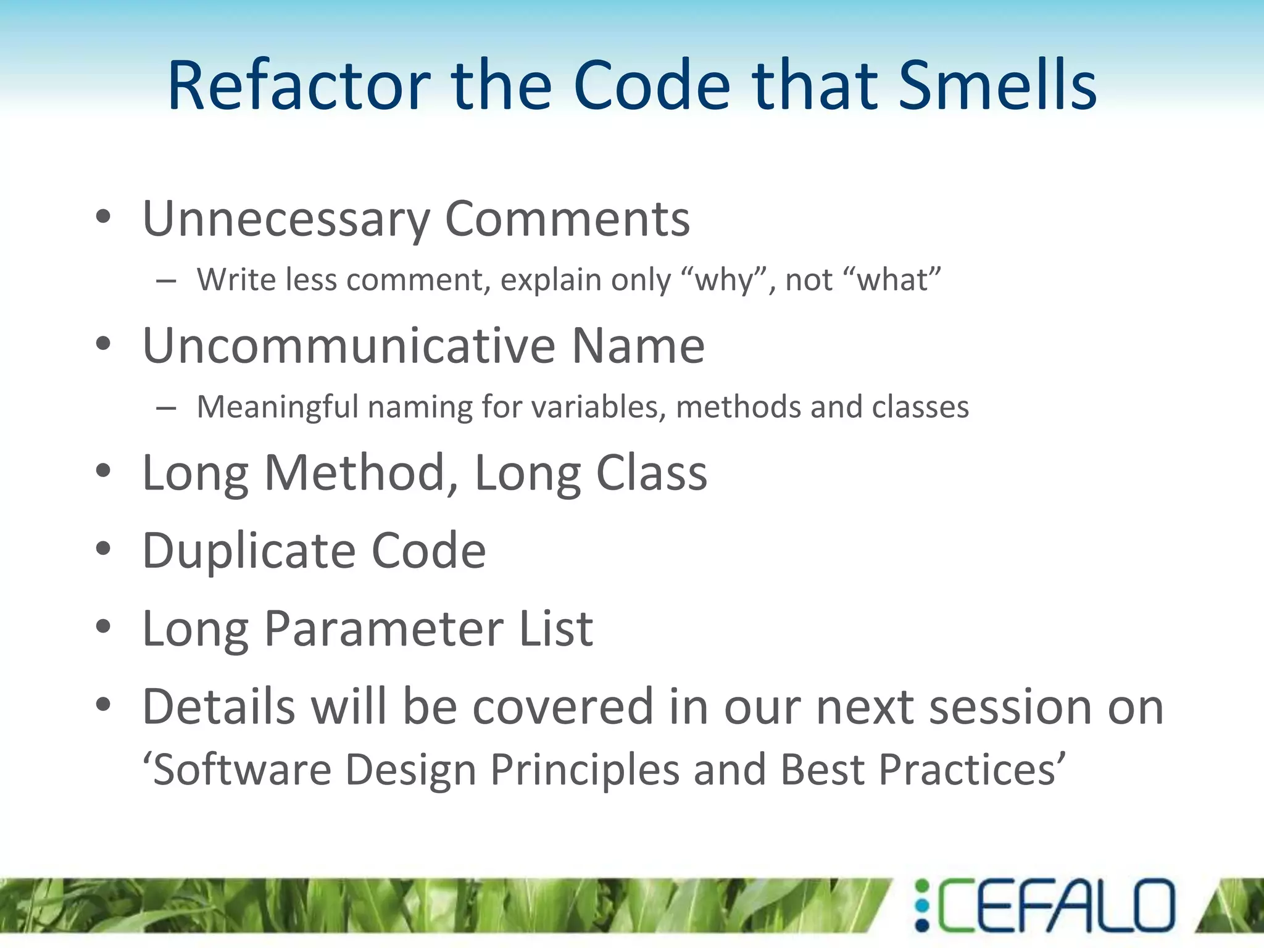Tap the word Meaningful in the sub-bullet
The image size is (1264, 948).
[277, 407]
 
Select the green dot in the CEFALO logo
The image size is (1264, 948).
[921, 886]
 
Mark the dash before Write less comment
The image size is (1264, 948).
[166, 281]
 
